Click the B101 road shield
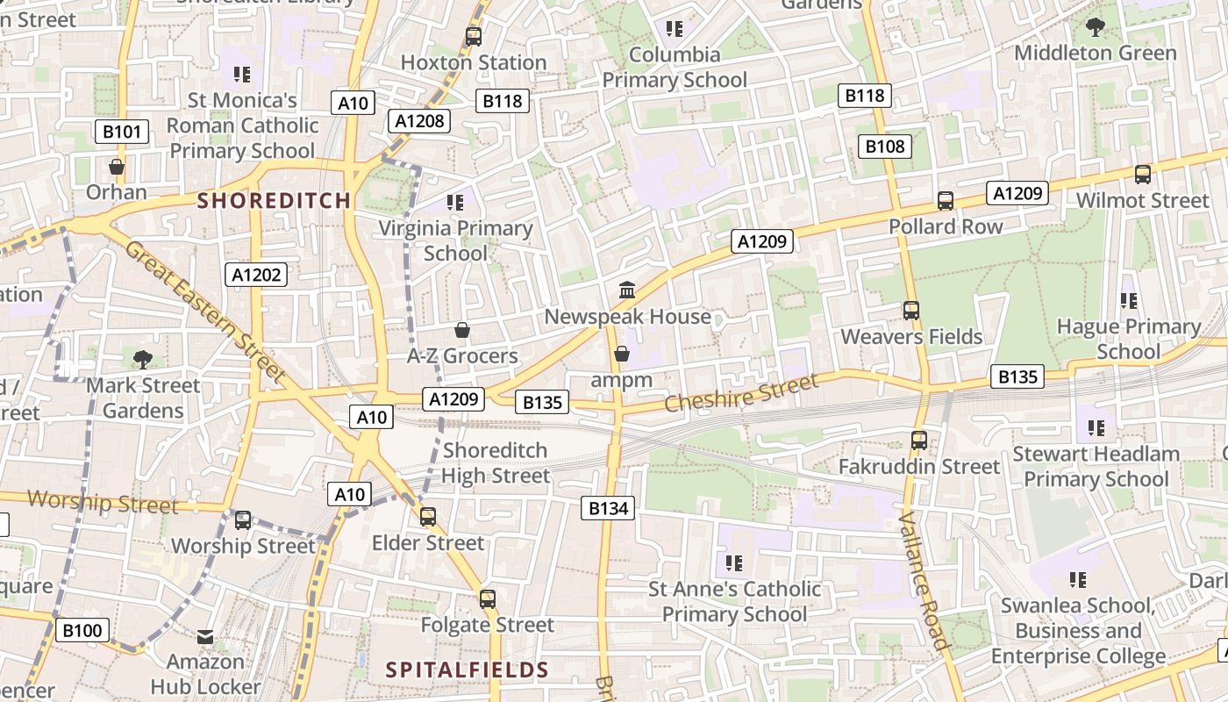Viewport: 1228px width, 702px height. (x=121, y=133)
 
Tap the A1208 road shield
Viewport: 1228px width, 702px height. (x=419, y=121)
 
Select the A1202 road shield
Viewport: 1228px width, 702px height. (x=256, y=275)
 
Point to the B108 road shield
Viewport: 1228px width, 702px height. (x=884, y=147)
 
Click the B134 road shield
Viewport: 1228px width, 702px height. (x=607, y=507)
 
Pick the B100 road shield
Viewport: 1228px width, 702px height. (x=82, y=629)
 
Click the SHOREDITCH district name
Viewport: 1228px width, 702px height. (x=274, y=201)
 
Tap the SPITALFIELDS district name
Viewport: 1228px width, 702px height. (x=468, y=670)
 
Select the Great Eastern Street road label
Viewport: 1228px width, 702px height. (x=206, y=312)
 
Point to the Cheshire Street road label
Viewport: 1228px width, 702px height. (x=741, y=392)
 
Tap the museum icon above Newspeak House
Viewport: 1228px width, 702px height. (x=627, y=290)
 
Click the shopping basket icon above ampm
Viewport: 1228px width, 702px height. (x=622, y=354)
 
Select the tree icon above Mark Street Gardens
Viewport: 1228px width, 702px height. (x=142, y=359)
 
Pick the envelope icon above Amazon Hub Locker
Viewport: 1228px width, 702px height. (x=205, y=636)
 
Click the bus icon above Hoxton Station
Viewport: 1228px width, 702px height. (x=474, y=37)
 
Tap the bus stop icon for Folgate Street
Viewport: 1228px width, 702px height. (x=488, y=599)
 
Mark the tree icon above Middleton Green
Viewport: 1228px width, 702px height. (x=1095, y=27)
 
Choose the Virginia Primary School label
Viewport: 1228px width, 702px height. (x=455, y=240)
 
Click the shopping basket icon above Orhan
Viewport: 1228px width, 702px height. (x=117, y=167)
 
